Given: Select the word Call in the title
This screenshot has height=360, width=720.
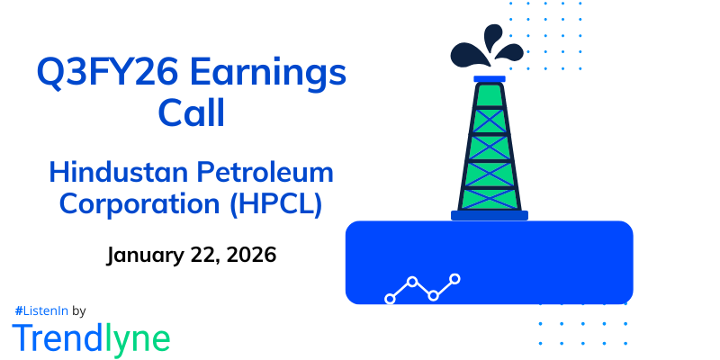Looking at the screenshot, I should point(190,115).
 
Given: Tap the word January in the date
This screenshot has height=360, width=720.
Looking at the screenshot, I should point(145,255).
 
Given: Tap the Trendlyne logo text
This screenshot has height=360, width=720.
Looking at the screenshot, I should point(91,337).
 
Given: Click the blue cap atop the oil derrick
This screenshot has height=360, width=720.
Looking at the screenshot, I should point(489,79).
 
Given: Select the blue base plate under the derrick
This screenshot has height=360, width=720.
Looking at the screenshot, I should point(489,215).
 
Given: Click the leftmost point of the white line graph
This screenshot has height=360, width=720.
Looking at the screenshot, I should point(390,298).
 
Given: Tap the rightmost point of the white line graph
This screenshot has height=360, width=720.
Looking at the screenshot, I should point(455,279).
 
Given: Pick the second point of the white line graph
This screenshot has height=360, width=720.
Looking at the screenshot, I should point(412,282).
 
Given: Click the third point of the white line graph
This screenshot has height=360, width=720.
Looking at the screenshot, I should point(434,294).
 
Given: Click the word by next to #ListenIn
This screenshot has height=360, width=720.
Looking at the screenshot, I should point(78,310).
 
